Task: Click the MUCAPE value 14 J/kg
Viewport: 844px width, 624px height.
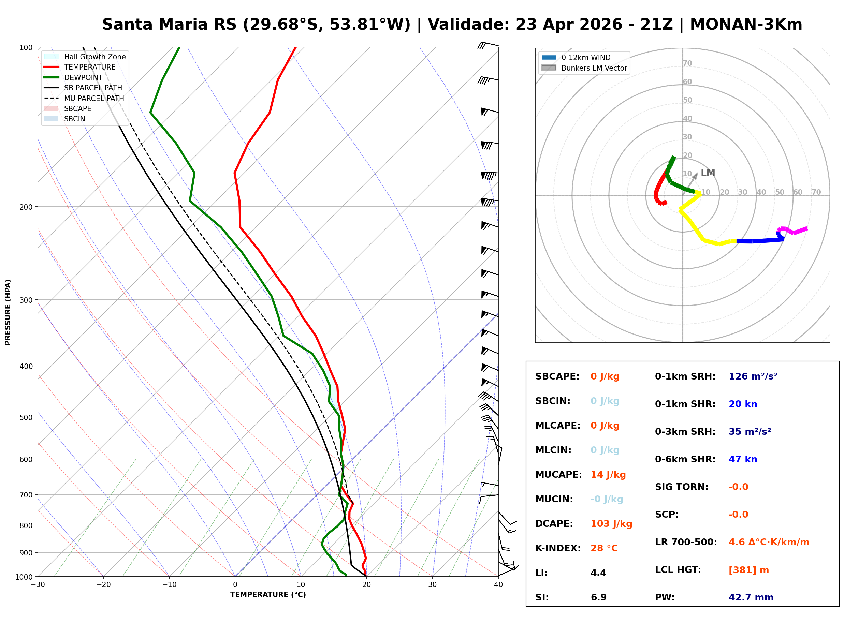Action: coord(608,475)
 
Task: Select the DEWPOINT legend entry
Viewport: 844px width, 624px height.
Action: coord(83,77)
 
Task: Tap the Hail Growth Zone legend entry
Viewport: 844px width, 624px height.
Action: coord(94,57)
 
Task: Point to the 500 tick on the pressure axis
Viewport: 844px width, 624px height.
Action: coord(26,417)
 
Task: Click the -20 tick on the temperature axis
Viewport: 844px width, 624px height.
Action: coord(103,585)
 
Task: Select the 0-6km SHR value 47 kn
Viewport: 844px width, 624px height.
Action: coord(743,459)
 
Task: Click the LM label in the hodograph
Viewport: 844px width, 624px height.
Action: coord(708,173)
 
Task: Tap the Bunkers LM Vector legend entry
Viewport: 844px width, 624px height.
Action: coord(594,68)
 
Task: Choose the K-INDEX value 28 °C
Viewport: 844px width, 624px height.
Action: coord(604,548)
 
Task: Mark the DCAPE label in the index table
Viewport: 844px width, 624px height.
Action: coord(554,524)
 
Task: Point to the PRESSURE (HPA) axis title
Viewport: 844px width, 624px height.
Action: coord(8,312)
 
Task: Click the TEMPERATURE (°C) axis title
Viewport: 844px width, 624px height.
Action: coord(268,595)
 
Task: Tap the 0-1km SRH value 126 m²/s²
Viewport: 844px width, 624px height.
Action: coord(753,376)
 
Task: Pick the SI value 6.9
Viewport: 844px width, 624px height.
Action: coord(598,597)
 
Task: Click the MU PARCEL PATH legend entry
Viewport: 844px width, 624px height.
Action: coord(94,98)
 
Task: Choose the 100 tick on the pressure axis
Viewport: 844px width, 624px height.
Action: coord(26,47)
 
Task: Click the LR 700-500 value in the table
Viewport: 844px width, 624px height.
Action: coord(769,543)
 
